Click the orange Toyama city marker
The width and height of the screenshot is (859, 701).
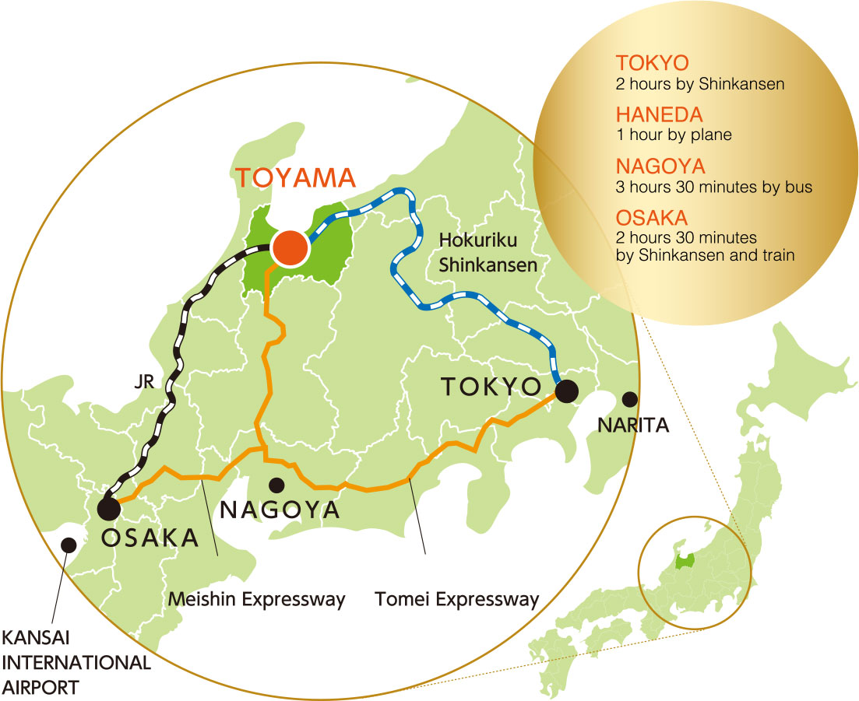(x=290, y=249)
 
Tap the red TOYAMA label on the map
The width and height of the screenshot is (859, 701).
(x=295, y=178)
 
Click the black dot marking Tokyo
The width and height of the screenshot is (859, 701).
(x=566, y=391)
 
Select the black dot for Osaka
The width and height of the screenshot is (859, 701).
(x=108, y=510)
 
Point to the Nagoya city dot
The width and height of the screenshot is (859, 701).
(x=275, y=485)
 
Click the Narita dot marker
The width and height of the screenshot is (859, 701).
(x=629, y=399)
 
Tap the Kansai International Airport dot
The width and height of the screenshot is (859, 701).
(x=69, y=545)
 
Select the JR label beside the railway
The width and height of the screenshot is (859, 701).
(x=146, y=383)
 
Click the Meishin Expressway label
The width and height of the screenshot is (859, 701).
(x=257, y=600)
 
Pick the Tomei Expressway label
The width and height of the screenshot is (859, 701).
(x=457, y=600)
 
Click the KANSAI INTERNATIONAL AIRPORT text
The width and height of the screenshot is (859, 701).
(x=76, y=663)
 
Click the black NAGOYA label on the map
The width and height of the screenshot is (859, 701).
(x=280, y=510)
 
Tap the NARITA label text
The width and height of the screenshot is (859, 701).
(x=633, y=426)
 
